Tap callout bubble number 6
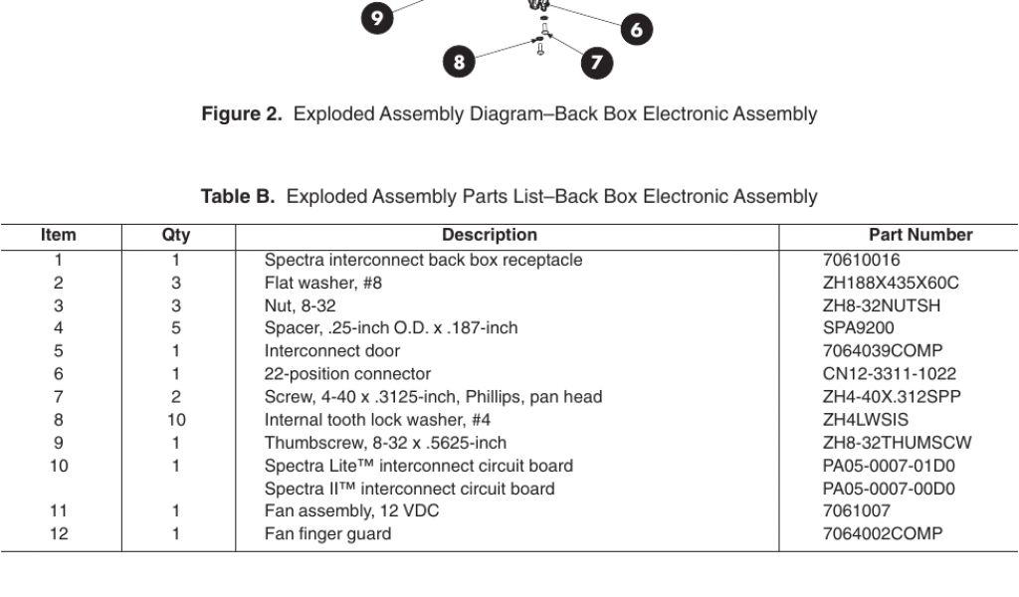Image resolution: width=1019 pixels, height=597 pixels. pyautogui.click(x=637, y=30)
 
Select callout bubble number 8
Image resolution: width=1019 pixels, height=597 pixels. pyautogui.click(x=459, y=62)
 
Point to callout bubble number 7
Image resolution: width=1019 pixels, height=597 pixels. pyautogui.click(x=596, y=63)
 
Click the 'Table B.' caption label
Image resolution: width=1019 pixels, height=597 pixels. pyautogui.click(x=238, y=197)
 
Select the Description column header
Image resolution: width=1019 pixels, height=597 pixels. pyautogui.click(x=489, y=236)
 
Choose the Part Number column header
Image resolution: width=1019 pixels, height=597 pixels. pyautogui.click(x=920, y=236)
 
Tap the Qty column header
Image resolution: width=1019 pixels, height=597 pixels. pyautogui.click(x=176, y=236)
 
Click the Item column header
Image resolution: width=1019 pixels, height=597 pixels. pyautogui.click(x=58, y=236)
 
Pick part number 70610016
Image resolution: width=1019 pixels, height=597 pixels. pyautogui.click(x=861, y=261)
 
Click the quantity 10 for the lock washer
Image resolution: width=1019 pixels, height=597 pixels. pyautogui.click(x=176, y=420)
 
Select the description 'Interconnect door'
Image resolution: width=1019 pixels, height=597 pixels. pyautogui.click(x=331, y=351)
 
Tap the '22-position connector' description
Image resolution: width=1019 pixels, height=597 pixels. pyautogui.click(x=347, y=374)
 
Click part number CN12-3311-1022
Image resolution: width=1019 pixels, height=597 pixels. pyautogui.click(x=889, y=374)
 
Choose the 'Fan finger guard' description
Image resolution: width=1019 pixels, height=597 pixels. pyautogui.click(x=327, y=534)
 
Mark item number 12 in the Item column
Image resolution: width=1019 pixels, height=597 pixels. pyautogui.click(x=59, y=534)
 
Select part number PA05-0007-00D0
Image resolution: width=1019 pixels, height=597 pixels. pyautogui.click(x=889, y=489)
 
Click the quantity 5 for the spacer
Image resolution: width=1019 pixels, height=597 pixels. pyautogui.click(x=176, y=328)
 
